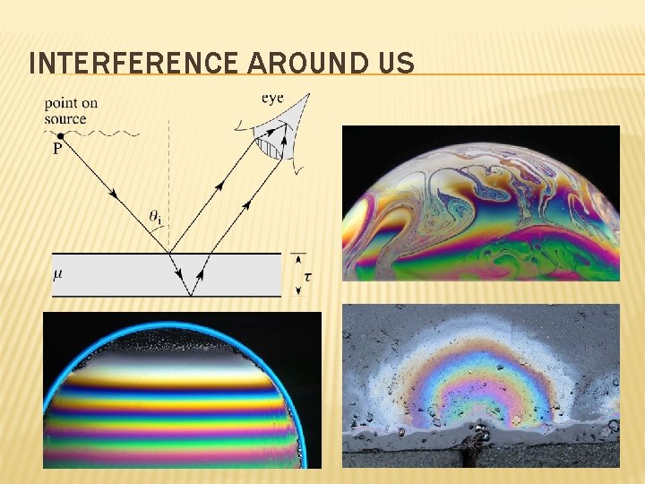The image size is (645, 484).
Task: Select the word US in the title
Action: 394,65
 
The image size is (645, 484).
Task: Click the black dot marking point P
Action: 60,135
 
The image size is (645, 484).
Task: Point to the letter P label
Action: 56,150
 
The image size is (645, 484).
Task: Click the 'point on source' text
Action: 70,111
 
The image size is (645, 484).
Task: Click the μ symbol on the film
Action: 58,272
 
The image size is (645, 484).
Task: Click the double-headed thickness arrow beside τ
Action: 297,274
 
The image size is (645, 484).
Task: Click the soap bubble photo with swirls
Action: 481,203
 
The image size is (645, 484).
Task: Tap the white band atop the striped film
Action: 179,356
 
